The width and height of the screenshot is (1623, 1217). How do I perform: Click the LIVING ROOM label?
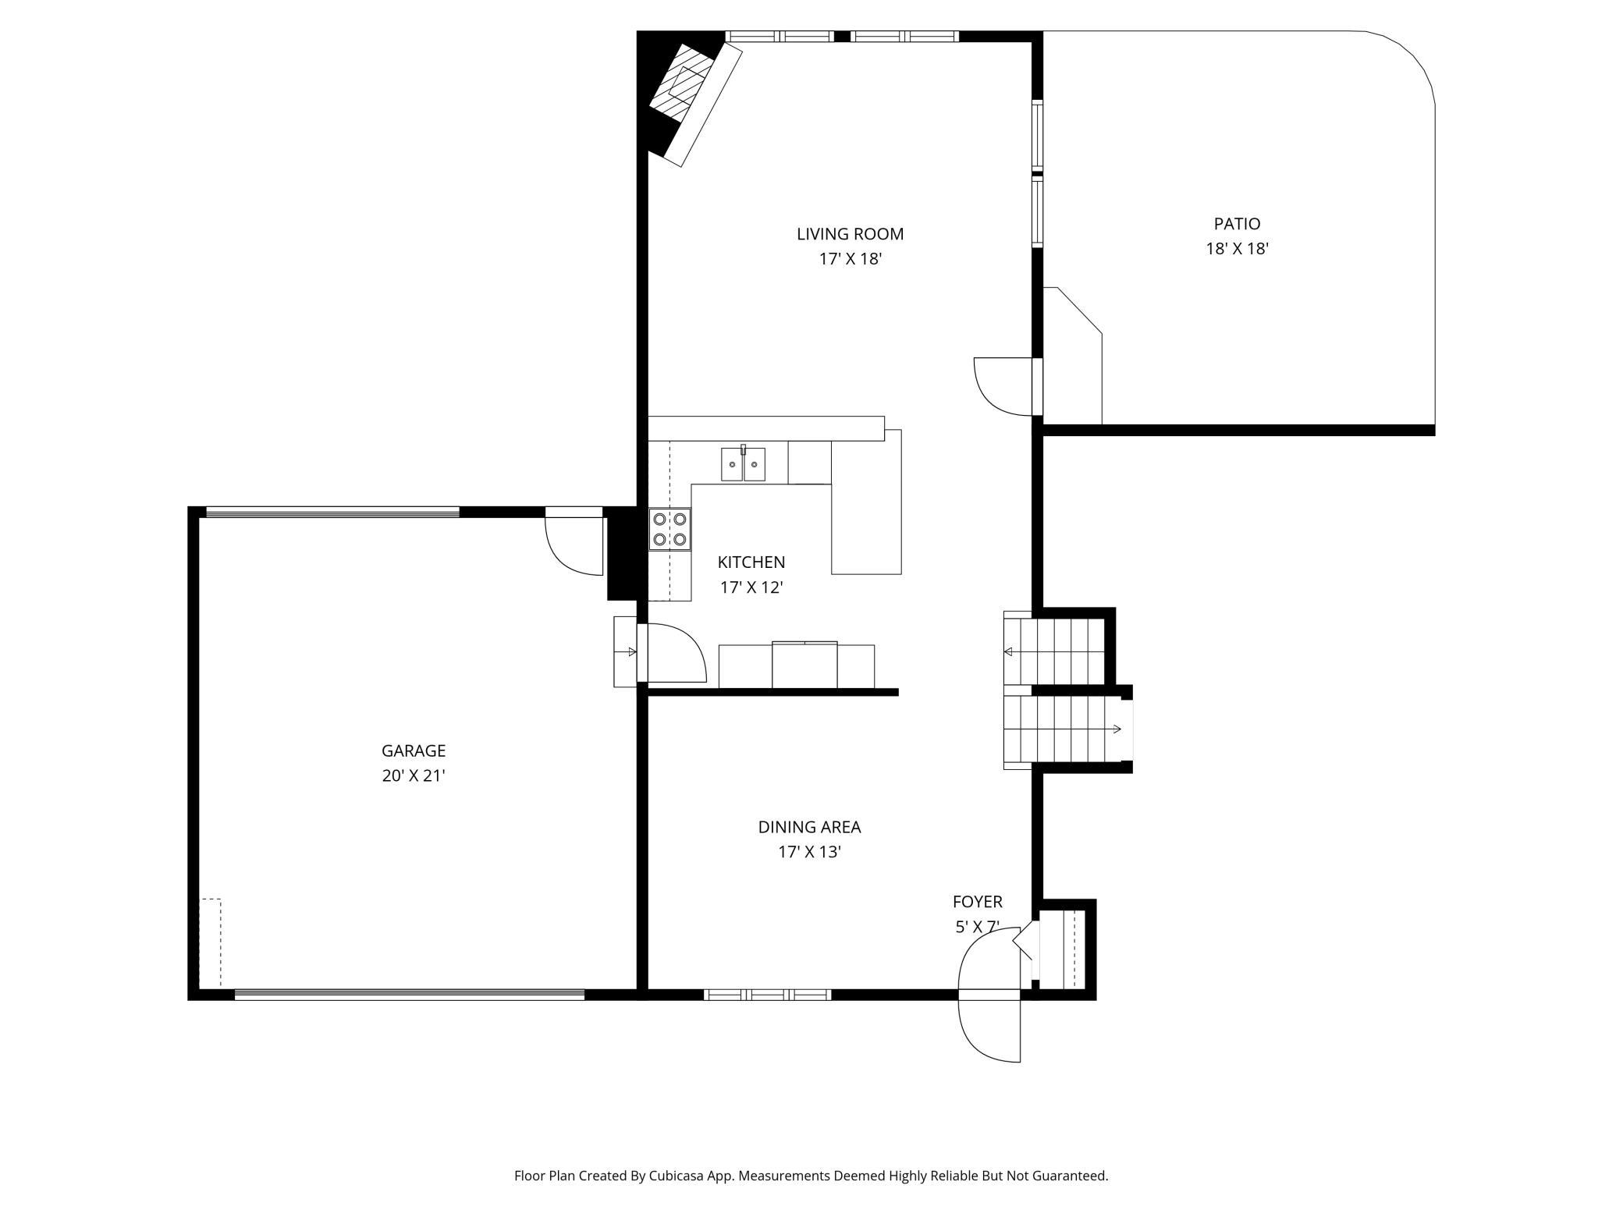pyautogui.click(x=850, y=234)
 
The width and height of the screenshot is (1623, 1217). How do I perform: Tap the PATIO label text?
pyautogui.click(x=1237, y=224)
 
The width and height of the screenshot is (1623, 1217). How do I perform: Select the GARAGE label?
pyautogui.click(x=414, y=750)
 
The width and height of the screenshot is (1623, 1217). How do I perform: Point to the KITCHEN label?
pyautogui.click(x=751, y=562)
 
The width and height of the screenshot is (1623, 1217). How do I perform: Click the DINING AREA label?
pyautogui.click(x=809, y=827)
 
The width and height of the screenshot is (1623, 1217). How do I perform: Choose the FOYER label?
pyautogui.click(x=977, y=902)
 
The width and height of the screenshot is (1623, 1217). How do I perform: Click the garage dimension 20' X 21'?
pyautogui.click(x=414, y=775)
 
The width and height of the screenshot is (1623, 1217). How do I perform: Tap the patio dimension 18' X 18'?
pyautogui.click(x=1237, y=249)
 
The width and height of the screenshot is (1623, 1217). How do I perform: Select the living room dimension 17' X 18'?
pyautogui.click(x=850, y=259)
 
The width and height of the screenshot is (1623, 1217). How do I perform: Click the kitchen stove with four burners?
pyautogui.click(x=669, y=529)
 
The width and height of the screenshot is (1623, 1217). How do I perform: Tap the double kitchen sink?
pyautogui.click(x=743, y=463)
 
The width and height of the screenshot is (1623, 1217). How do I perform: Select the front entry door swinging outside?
pyautogui.click(x=989, y=1030)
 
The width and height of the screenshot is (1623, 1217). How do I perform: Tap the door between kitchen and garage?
pyautogui.click(x=672, y=653)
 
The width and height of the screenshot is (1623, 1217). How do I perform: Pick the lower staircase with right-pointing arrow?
pyautogui.click(x=1066, y=730)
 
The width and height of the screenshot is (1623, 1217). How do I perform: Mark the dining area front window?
pyautogui.click(x=767, y=995)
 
